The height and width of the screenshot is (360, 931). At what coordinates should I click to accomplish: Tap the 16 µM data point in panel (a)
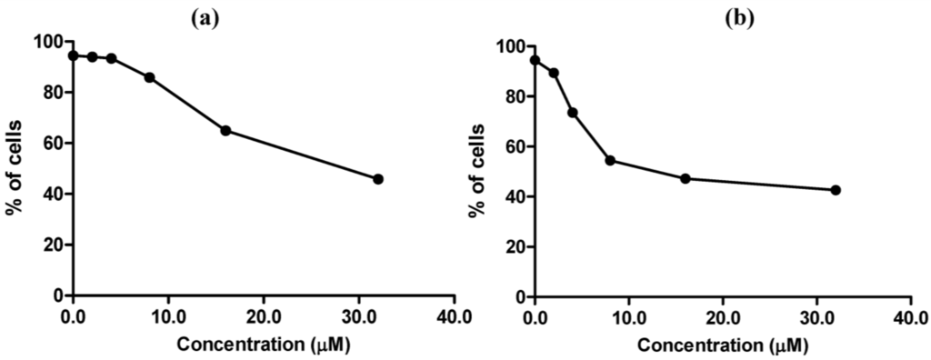(x=225, y=130)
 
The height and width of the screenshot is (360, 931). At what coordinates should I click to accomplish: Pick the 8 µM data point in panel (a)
(x=149, y=77)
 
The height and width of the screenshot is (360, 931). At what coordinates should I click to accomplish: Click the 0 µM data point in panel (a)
(x=73, y=55)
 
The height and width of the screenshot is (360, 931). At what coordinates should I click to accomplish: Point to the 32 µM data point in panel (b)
(x=836, y=190)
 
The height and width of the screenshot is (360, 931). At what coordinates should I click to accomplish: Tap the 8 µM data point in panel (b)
(x=610, y=161)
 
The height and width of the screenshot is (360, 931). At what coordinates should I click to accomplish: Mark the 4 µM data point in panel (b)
(x=573, y=113)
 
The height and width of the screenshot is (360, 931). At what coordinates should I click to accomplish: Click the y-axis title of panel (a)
(x=15, y=169)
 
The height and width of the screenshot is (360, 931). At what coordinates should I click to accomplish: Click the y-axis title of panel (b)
(x=476, y=171)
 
